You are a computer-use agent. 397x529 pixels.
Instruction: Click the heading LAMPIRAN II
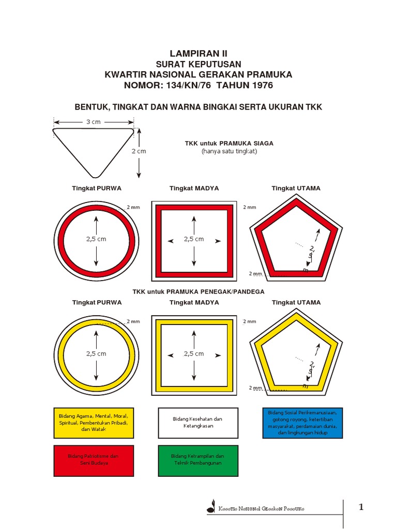click(x=198, y=53)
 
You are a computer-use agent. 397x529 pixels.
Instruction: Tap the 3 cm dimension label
click(x=93, y=122)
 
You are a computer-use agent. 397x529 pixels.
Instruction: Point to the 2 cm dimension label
click(x=139, y=151)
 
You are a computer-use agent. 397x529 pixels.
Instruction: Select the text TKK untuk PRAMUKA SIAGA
click(x=229, y=143)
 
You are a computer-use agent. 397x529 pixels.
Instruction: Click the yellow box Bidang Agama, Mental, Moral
click(x=93, y=423)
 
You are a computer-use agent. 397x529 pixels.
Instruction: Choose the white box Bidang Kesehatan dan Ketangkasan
click(x=198, y=423)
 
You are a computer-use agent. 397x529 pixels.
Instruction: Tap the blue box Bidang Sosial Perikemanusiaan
click(x=302, y=423)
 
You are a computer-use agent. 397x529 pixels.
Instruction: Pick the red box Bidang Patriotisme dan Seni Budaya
click(x=93, y=460)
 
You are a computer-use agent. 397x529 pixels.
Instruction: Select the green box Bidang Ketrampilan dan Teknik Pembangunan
click(x=198, y=460)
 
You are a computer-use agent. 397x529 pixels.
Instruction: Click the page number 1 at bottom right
click(x=361, y=507)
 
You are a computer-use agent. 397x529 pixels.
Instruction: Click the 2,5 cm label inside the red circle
click(x=96, y=239)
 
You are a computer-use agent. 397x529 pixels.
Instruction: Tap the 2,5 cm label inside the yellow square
click(x=194, y=354)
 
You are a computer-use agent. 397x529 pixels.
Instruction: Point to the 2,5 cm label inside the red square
click(x=194, y=239)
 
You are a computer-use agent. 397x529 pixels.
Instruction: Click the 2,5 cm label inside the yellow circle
click(x=96, y=354)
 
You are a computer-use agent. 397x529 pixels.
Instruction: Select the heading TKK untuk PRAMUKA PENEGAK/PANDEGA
click(x=198, y=291)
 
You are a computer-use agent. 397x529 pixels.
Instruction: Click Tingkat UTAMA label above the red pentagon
click(x=296, y=189)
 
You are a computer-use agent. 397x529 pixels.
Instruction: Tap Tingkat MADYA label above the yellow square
click(x=194, y=303)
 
